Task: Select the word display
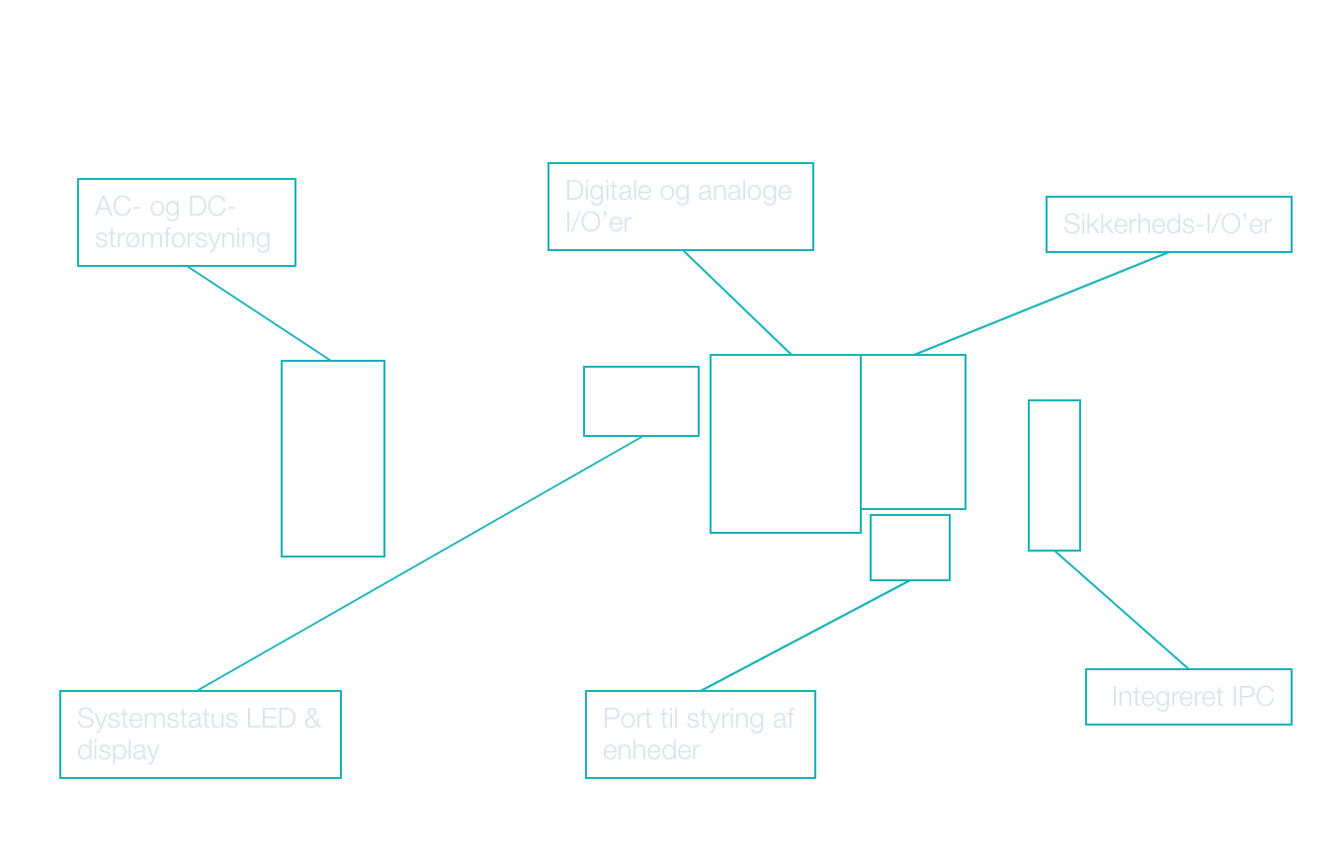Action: (x=118, y=750)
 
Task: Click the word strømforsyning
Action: (x=182, y=238)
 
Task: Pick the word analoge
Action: (x=745, y=191)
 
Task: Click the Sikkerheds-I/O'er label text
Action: (x=1167, y=224)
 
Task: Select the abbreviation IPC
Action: (x=1252, y=697)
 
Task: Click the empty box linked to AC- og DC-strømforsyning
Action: (x=333, y=459)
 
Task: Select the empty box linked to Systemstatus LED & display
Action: (x=641, y=401)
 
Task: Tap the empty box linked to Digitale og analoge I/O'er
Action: (x=786, y=444)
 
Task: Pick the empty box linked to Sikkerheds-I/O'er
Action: (x=913, y=432)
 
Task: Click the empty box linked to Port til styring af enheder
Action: (x=910, y=548)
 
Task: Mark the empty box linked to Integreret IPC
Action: (x=1054, y=475)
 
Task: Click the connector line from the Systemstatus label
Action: (x=420, y=563)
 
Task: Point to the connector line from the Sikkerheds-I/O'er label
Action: (x=1041, y=303)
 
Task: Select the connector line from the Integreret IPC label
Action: (x=1122, y=610)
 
